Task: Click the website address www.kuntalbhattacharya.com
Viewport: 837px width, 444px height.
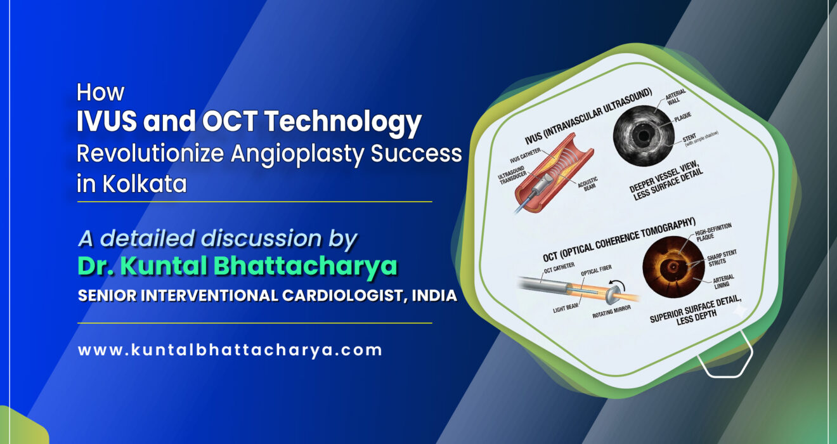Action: [x=230, y=349]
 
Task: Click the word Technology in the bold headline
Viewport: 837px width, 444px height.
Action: [x=351, y=122]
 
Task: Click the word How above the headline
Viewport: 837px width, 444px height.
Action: [x=100, y=93]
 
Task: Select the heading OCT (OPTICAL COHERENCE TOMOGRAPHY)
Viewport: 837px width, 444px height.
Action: [x=618, y=240]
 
